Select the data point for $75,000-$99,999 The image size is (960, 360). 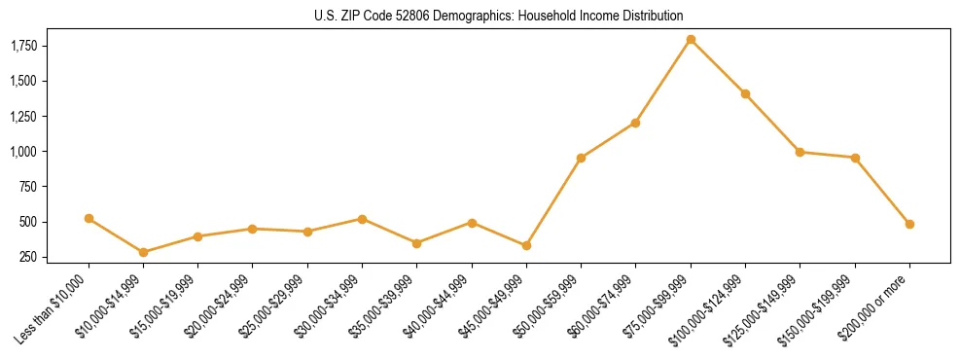(691, 40)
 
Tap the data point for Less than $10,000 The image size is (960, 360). (89, 219)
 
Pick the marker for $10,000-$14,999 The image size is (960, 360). (144, 252)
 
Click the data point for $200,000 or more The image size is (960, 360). (909, 224)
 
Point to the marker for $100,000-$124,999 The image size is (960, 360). (745, 93)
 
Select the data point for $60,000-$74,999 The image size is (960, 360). (635, 123)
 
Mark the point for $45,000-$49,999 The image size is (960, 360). (526, 246)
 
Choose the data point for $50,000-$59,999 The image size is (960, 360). (581, 158)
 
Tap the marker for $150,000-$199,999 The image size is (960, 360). (855, 158)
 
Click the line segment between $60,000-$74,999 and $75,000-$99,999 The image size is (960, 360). (663, 81)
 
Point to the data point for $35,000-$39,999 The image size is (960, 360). (416, 243)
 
